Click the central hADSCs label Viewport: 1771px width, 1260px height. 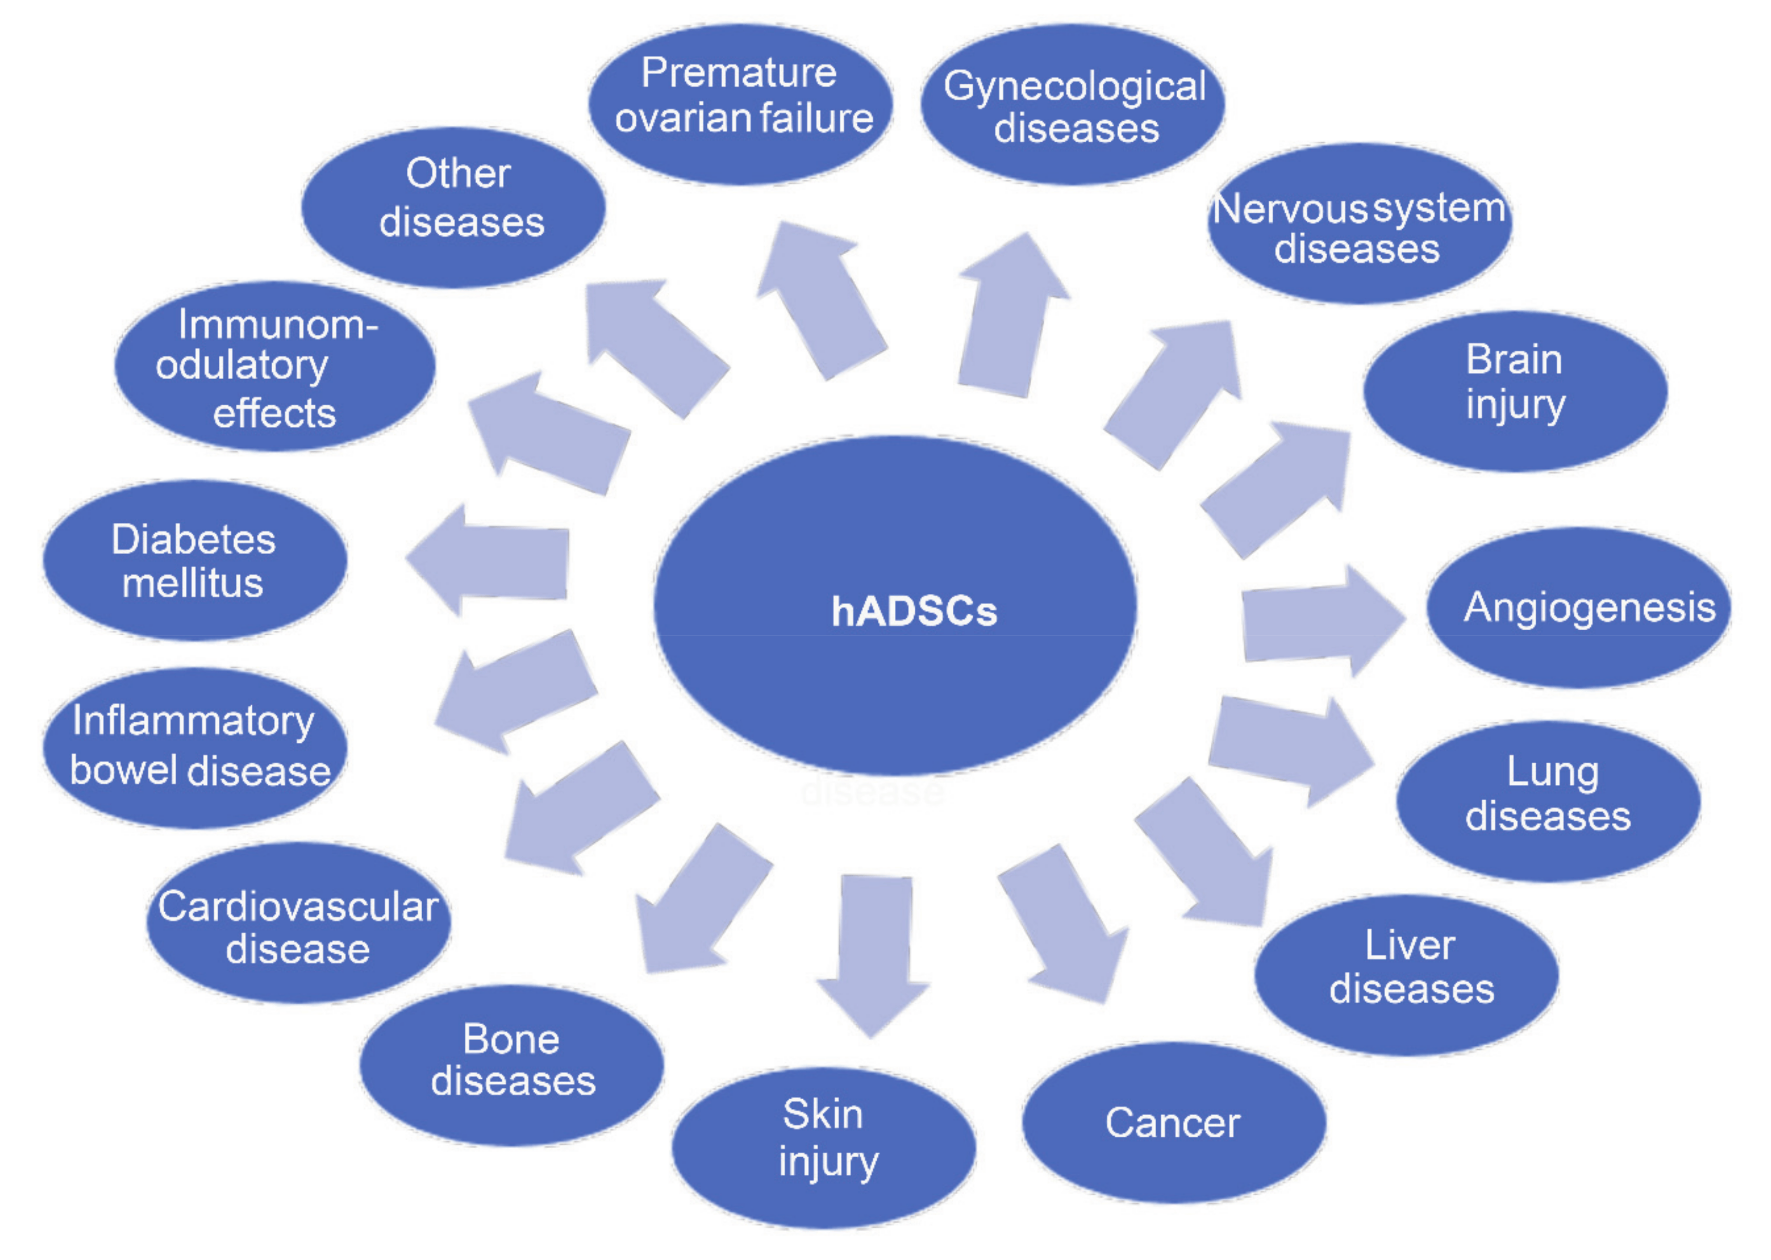[x=914, y=611]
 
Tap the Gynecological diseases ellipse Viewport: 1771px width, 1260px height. [x=1073, y=105]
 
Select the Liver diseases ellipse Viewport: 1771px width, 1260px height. [x=1406, y=974]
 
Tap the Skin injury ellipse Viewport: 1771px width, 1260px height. [x=824, y=1146]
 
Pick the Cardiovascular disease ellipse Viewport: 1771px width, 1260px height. [x=298, y=923]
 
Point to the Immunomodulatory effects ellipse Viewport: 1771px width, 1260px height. [x=275, y=365]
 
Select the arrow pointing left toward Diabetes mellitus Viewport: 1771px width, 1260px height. [x=493, y=560]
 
